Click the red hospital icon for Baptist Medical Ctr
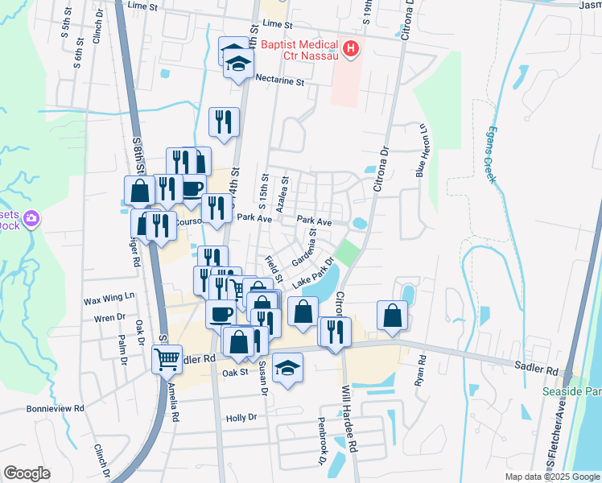pos(351,50)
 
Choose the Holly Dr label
pos(241,418)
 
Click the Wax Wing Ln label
pos(109,300)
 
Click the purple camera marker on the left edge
pos(31,218)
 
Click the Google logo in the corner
pos(27,473)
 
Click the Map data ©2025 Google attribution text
pos(552,477)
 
